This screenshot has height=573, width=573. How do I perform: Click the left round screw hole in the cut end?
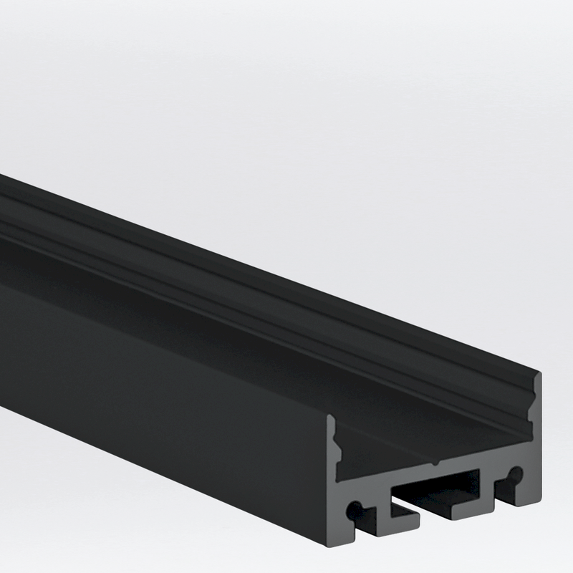click(x=352, y=510)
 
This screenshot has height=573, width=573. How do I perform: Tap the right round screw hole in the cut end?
click(x=514, y=473)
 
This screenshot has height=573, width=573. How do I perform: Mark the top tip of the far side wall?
click(x=536, y=374)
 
